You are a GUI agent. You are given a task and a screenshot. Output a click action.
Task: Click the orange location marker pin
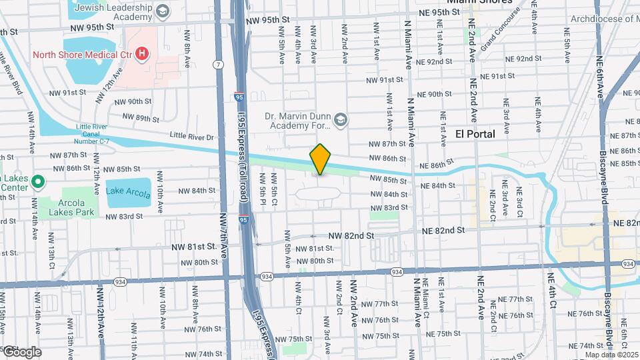pyautogui.click(x=321, y=159)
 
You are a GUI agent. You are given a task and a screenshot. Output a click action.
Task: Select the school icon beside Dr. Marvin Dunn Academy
pyautogui.click(x=341, y=119)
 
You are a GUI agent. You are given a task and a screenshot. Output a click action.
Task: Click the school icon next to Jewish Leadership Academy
pyautogui.click(x=162, y=11)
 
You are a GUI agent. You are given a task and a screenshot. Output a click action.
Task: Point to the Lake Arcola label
pyautogui.click(x=128, y=191)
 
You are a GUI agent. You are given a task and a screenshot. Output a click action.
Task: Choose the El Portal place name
pyautogui.click(x=475, y=134)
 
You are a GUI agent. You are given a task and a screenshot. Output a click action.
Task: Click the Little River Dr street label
pyautogui.click(x=191, y=136)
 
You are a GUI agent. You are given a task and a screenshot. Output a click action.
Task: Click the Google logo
pyautogui.click(x=21, y=351)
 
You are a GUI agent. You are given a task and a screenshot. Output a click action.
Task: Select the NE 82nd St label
pyautogui.click(x=443, y=231)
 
